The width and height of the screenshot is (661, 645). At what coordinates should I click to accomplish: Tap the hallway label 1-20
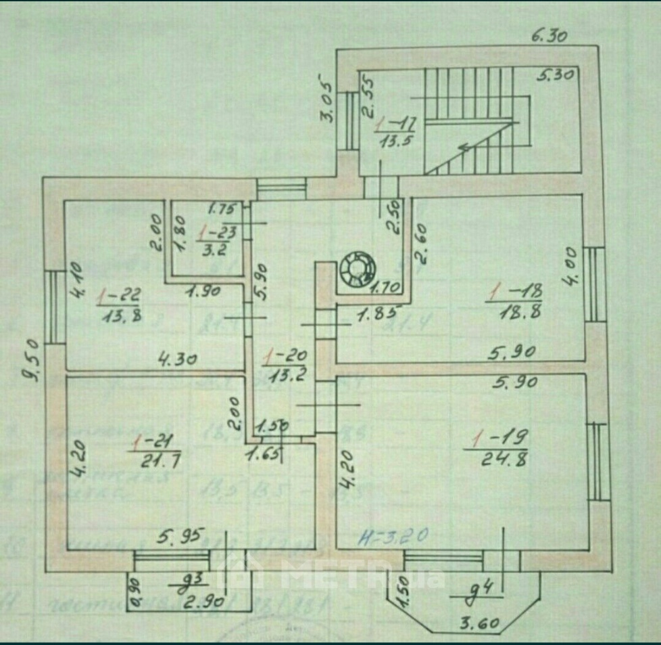tap(287, 354)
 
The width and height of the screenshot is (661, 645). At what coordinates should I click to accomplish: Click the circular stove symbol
tap(356, 269)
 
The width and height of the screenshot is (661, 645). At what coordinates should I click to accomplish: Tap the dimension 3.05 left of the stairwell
tap(328, 97)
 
